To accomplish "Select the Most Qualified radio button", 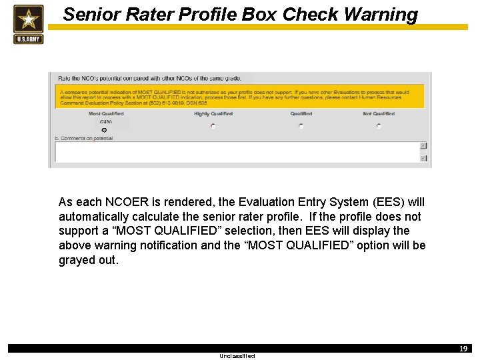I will coord(104,130).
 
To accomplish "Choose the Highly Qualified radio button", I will coord(213,125).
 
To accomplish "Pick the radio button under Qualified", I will coord(301,125).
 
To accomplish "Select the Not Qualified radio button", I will coord(378,125).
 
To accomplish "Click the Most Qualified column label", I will coord(106,114).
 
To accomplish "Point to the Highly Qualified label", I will coord(213,114).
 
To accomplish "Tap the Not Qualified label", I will coord(379,114).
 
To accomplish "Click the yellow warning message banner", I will coord(240,97).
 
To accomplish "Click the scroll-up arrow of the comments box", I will coord(423,145).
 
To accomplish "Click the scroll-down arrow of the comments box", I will coord(423,158).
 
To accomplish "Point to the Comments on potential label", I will coord(84,138).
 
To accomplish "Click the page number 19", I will coord(463,349).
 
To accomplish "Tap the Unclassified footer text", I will coord(237,356).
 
